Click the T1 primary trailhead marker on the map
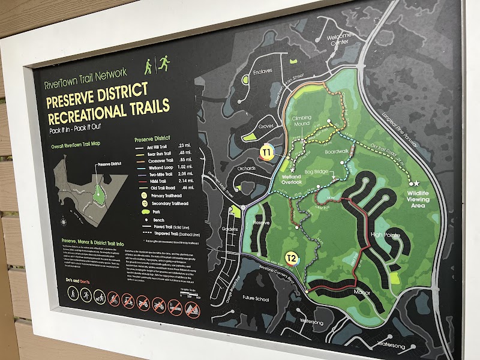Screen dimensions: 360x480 (268, 152)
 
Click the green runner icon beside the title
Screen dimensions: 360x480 (163, 62)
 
